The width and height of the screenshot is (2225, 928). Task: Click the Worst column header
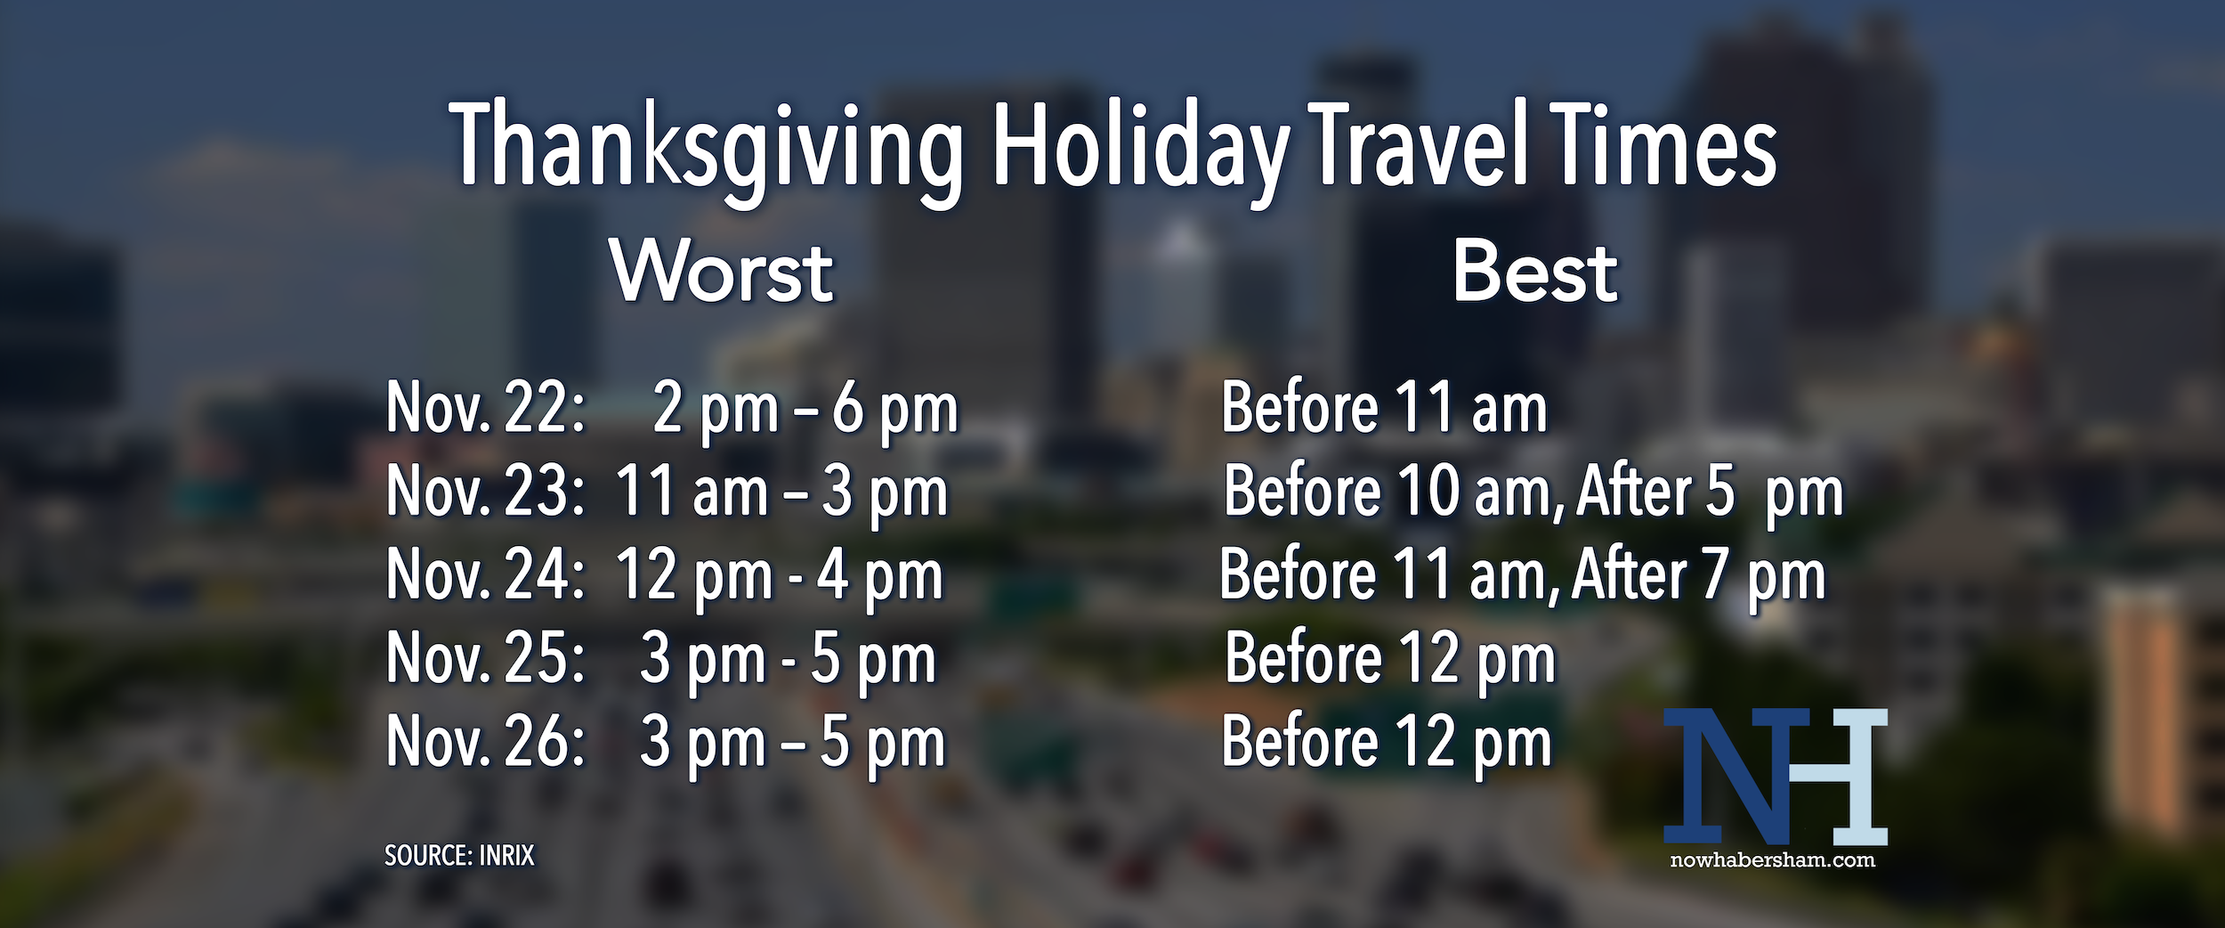[x=722, y=272]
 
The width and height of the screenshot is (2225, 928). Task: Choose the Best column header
[x=1535, y=272]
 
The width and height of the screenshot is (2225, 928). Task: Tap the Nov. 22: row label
[x=486, y=408]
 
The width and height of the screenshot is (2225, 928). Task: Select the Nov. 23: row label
[x=486, y=491]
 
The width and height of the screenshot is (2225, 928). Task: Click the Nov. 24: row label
[x=486, y=574]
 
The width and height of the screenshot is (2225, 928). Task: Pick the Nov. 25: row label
[x=486, y=658]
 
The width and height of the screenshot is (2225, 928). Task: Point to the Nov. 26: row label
[x=486, y=742]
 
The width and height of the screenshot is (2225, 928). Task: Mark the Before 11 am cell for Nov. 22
[x=1384, y=408]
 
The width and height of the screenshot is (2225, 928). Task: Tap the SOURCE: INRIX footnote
[x=459, y=856]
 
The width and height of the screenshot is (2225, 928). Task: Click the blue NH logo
[x=1776, y=777]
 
